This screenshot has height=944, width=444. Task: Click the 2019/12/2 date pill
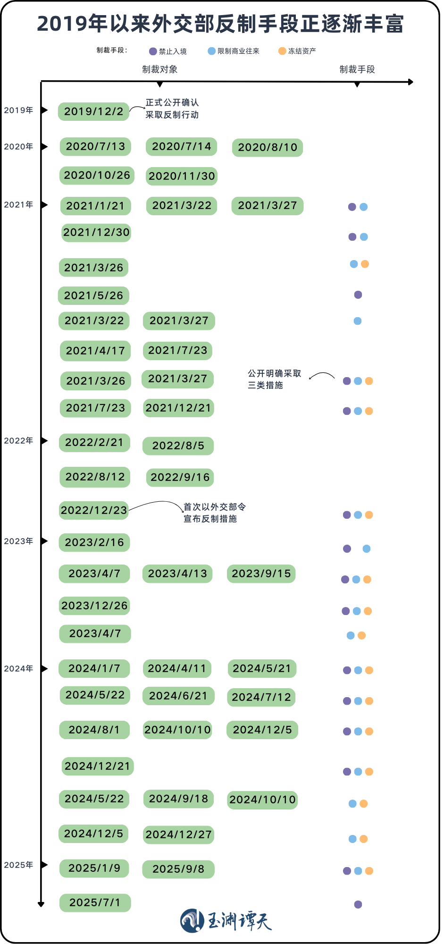pyautogui.click(x=93, y=112)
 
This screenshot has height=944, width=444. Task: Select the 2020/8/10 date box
pyautogui.click(x=267, y=147)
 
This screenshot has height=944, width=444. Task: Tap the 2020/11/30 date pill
pyautogui.click(x=182, y=176)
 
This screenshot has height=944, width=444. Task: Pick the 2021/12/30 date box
pyautogui.click(x=96, y=233)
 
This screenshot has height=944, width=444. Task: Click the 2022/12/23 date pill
pyautogui.click(x=94, y=510)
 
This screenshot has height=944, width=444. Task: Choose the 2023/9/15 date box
pyautogui.click(x=261, y=573)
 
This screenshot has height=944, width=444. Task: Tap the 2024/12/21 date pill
pyautogui.click(x=97, y=766)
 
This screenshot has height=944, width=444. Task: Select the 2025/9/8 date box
pyautogui.click(x=178, y=869)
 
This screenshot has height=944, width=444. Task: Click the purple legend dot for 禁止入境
pyautogui.click(x=153, y=51)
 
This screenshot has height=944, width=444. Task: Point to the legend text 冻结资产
pyautogui.click(x=302, y=51)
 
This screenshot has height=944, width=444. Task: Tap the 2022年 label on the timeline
pyautogui.click(x=18, y=441)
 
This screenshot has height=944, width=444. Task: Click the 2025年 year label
pyautogui.click(x=18, y=865)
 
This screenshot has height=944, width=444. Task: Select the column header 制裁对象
pyautogui.click(x=160, y=69)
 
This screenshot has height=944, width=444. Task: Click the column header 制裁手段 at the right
pyautogui.click(x=357, y=69)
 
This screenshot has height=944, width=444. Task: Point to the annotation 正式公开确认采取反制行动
pyautogui.click(x=172, y=109)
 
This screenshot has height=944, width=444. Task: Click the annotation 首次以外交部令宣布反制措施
pyautogui.click(x=214, y=513)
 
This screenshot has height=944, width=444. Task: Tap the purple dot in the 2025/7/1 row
pyautogui.click(x=358, y=904)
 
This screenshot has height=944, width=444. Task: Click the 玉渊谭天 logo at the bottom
pyautogui.click(x=226, y=920)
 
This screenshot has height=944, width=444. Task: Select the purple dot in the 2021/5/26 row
pyautogui.click(x=358, y=295)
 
